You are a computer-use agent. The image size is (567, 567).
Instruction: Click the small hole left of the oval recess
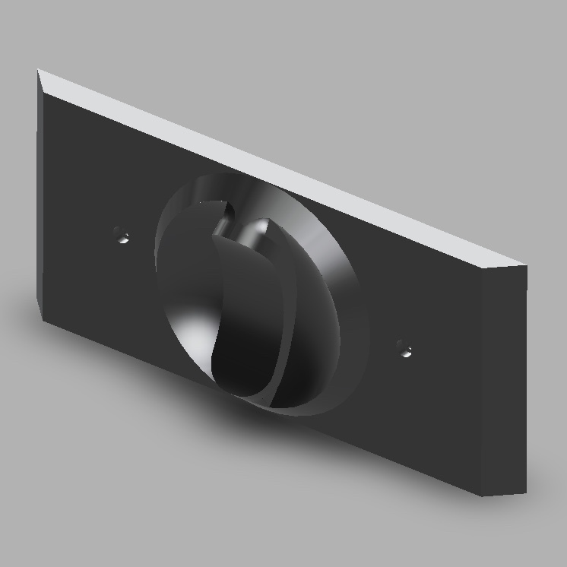pos(121,235)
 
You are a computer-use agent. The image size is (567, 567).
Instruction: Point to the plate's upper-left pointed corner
pos(38,71)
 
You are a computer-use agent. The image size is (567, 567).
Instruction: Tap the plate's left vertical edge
pos(39,190)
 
